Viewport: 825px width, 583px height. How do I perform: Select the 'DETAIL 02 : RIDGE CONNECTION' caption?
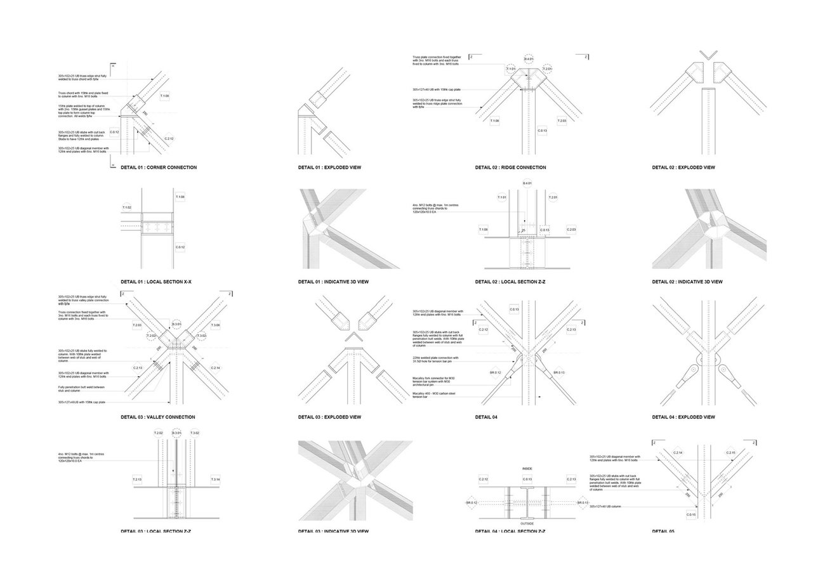tap(510, 167)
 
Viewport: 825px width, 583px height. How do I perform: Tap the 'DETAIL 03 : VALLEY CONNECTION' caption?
tap(157, 417)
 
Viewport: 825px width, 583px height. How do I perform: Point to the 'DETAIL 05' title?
tap(663, 531)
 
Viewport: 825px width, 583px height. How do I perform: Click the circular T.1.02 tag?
tap(127, 207)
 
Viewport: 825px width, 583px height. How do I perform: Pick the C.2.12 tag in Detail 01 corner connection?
tap(169, 138)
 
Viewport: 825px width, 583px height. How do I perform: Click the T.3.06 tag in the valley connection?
tap(216, 325)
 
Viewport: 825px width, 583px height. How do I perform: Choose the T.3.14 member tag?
tap(215, 479)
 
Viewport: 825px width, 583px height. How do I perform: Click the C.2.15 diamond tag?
tap(730, 452)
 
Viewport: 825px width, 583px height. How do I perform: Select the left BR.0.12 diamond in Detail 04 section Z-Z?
tap(472, 502)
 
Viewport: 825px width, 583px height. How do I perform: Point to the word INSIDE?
tap(527, 469)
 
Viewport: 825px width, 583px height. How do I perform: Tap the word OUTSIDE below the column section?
tap(527, 523)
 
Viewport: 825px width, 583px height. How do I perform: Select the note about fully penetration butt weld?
tap(81, 388)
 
